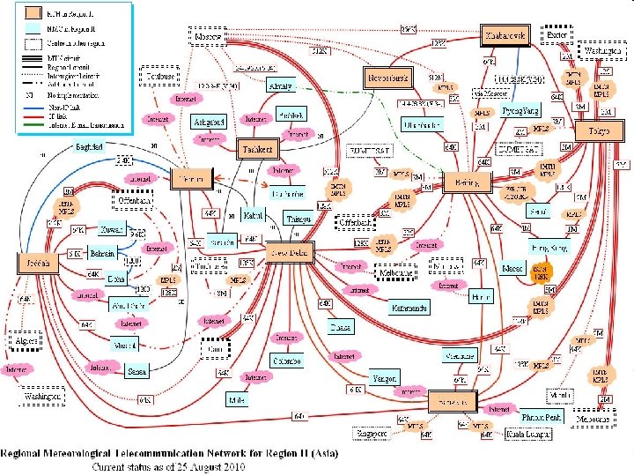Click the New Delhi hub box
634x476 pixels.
point(290,253)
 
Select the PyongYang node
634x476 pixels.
point(520,112)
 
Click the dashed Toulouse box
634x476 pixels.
point(159,77)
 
